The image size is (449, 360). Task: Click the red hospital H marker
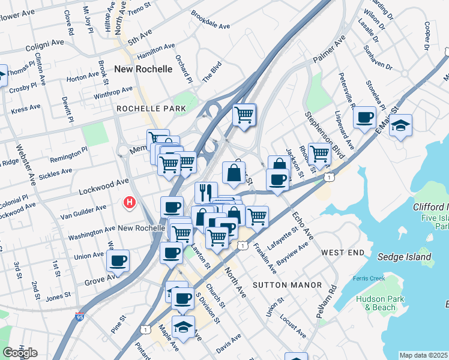(128, 203)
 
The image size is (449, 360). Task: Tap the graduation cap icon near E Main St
(400, 126)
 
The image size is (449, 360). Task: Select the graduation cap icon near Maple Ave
(183, 327)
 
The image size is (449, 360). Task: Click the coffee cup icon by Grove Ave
(118, 261)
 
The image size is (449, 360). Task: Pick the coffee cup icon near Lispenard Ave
(364, 118)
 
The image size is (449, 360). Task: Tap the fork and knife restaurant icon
(206, 193)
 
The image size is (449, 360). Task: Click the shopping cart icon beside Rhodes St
(319, 155)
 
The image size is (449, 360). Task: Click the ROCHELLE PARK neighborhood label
(151, 109)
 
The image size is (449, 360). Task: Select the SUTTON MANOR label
(287, 284)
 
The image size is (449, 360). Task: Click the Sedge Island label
(404, 257)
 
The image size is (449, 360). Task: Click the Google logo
(20, 352)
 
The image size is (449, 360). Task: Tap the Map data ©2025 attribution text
(423, 355)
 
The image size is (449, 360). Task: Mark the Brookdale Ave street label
(211, 19)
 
